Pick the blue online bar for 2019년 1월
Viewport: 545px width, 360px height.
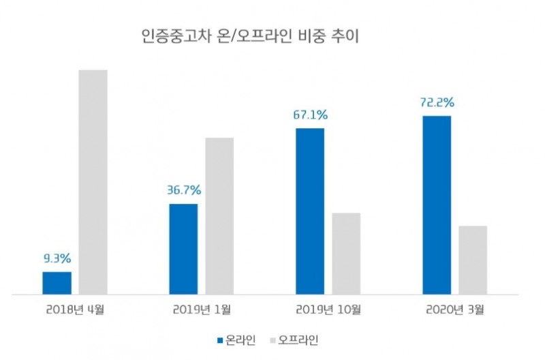point(183,249)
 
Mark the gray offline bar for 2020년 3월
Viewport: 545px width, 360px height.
point(473,260)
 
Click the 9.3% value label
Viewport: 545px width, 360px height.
point(57,259)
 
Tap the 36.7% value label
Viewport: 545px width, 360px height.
point(184,190)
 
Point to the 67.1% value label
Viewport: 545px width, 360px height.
point(311,115)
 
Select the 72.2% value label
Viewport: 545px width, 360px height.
point(437,102)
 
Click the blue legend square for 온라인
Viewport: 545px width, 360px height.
point(219,339)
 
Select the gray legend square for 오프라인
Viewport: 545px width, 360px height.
point(273,339)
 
